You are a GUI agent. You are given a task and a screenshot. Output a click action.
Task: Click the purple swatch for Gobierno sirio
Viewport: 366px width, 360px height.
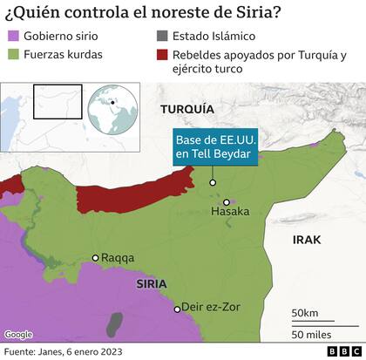coord(13,37)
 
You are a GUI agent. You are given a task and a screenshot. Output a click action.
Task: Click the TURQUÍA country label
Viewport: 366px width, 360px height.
coord(186,109)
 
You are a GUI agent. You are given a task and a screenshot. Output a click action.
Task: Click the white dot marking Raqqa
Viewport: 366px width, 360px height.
coord(95,257)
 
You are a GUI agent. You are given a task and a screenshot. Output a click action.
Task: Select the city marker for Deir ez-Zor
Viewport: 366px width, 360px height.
coord(177,309)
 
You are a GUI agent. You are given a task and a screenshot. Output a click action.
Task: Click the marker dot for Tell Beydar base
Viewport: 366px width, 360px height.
coord(213,183)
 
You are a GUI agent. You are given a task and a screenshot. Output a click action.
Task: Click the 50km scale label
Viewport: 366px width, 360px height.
coord(305,312)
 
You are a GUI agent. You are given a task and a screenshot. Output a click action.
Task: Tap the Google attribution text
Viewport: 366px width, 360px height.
coord(18,335)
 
